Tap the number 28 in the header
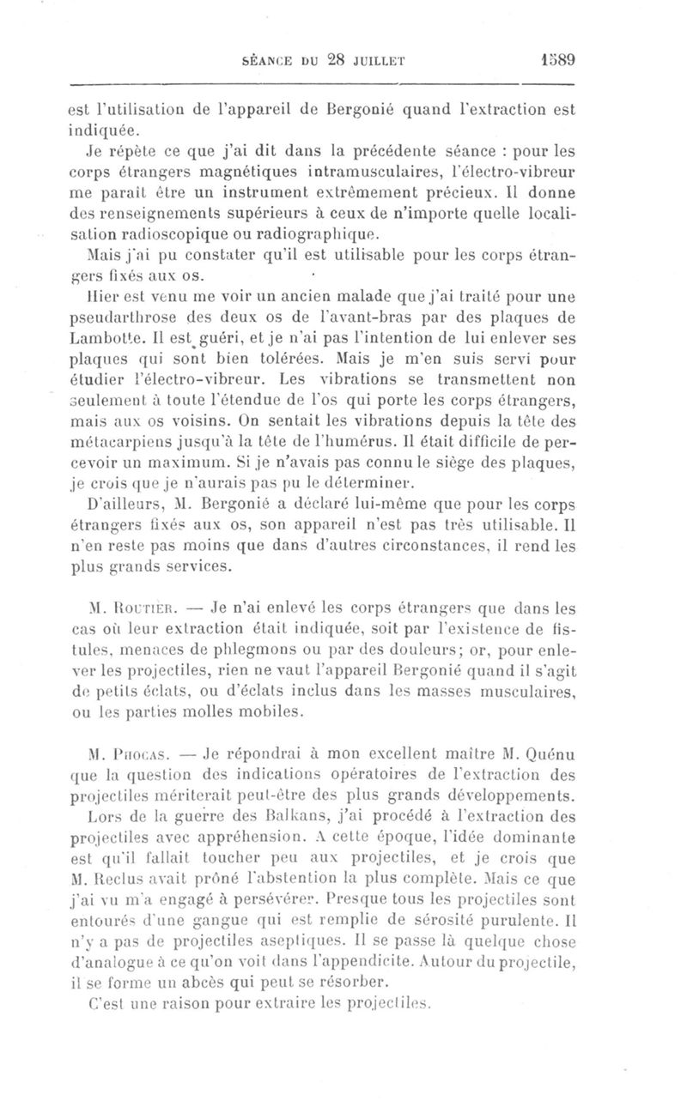(330, 60)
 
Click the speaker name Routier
(131, 612)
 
